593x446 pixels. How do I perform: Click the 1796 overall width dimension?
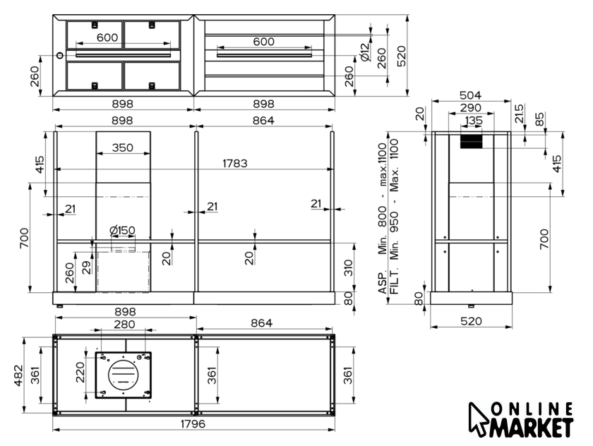pos(193,423)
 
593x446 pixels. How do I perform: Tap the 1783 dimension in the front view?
pos(235,163)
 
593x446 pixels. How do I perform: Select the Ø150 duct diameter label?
pos(122,230)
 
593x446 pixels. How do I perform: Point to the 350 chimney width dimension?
pos(123,147)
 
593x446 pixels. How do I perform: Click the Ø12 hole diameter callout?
pos(364,52)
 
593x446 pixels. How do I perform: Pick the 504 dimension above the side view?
pos(470,95)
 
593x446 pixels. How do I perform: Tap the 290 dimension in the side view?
pos(470,108)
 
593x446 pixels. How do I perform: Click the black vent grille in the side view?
pos(472,142)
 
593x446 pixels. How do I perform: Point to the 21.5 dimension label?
pos(520,114)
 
